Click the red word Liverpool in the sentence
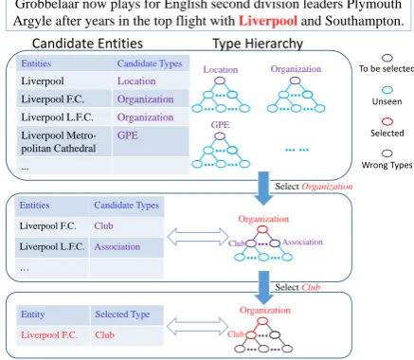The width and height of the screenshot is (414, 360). [x=268, y=21]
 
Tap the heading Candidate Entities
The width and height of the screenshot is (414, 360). [x=87, y=44]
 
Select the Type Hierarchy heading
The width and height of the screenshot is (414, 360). [x=258, y=44]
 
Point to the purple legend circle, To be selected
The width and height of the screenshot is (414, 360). [x=387, y=58]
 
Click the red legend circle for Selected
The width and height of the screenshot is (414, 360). [x=387, y=121]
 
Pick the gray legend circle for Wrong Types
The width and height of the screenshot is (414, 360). [x=387, y=153]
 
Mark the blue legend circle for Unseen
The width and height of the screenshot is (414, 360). [x=387, y=90]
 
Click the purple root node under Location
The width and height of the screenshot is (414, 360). [x=220, y=81]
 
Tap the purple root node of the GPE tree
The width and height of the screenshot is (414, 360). [x=220, y=136]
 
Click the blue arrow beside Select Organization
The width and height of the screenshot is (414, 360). [x=263, y=189]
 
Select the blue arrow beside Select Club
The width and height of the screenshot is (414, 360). [x=264, y=287]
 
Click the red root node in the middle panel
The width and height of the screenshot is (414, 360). [x=262, y=229]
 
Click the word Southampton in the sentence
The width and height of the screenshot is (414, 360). [x=365, y=21]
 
